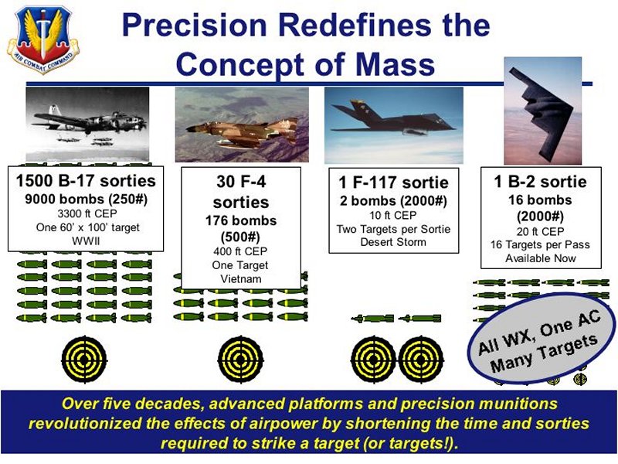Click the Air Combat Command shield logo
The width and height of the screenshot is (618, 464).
43,39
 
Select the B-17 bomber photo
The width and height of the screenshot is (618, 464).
87,125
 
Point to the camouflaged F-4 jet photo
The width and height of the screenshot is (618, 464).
242,125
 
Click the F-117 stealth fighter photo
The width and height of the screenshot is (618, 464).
394,125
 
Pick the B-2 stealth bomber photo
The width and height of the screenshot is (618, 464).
543,111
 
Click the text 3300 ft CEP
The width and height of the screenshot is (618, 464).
87,214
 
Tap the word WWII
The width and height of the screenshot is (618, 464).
86,241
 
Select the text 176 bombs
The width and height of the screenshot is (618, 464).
241,220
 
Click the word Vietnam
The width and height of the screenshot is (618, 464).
241,279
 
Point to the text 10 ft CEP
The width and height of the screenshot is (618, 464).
393,216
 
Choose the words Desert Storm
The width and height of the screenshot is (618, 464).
393,242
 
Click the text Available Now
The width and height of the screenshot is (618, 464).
541,258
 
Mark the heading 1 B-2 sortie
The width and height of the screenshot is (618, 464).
540,182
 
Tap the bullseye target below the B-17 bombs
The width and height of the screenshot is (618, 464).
84,359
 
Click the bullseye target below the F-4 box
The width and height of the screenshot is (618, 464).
240,360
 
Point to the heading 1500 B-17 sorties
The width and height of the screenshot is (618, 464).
86,181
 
